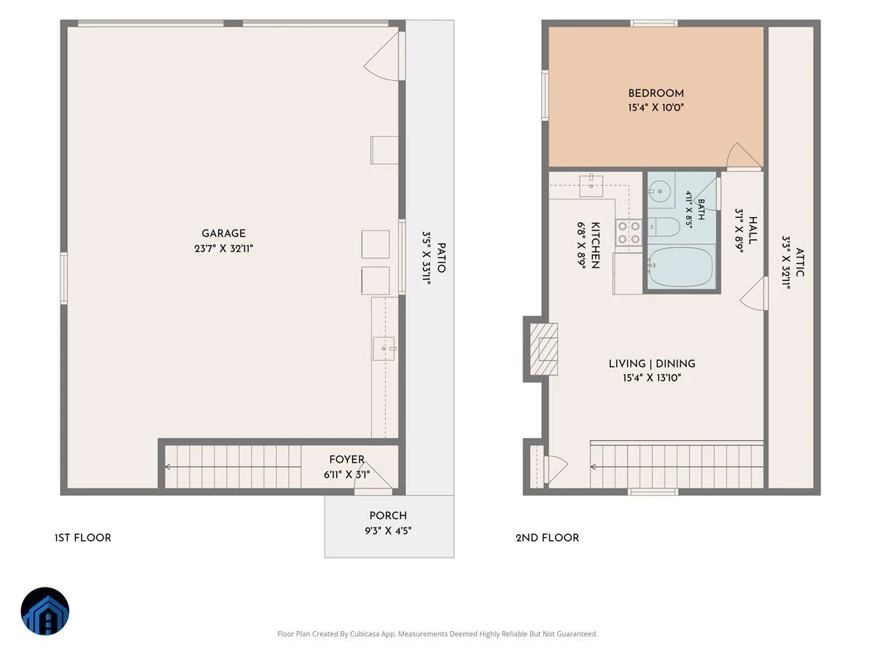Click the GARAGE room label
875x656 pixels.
223,233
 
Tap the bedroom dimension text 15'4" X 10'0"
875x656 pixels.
656,108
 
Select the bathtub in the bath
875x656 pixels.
681,267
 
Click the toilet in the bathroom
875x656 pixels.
664,227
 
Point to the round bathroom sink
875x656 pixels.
660,192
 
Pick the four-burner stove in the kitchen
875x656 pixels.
629,233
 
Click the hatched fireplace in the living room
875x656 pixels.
544,349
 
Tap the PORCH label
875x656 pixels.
388,516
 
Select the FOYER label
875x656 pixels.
347,460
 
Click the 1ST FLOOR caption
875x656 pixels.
83,538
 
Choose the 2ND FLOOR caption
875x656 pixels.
547,538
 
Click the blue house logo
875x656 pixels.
45,611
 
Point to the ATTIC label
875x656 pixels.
799,262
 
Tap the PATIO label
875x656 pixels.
441,258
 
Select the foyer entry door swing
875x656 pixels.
376,475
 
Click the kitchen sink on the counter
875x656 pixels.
591,185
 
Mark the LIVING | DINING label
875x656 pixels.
652,364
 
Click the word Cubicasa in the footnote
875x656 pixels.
365,633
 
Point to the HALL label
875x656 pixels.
752,230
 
